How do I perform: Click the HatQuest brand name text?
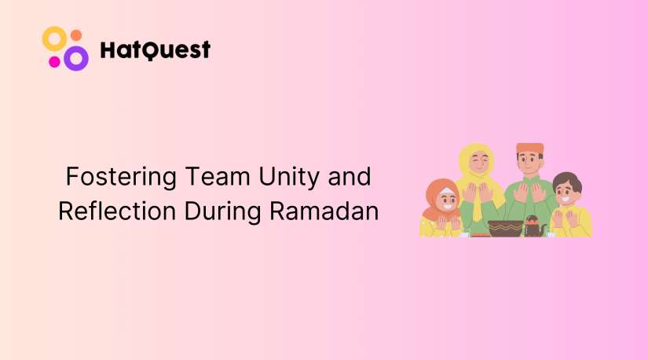click(156, 50)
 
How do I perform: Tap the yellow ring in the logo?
click(54, 39)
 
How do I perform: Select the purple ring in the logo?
click(76, 57)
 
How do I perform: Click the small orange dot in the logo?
click(76, 35)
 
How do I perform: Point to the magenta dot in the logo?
click(54, 61)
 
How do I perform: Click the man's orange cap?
click(529, 149)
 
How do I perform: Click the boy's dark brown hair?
click(566, 182)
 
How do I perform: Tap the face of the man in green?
click(529, 166)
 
